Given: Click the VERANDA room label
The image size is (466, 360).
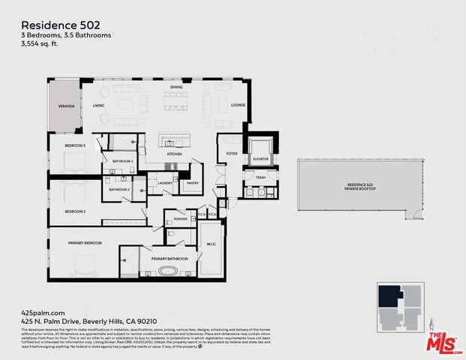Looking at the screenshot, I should pyautogui.click(x=66, y=107).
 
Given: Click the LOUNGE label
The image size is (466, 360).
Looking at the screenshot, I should pyautogui.click(x=239, y=106).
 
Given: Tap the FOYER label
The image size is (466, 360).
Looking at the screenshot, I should pyautogui.click(x=232, y=153).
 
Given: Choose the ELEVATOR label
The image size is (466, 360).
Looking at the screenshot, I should pyautogui.click(x=260, y=159).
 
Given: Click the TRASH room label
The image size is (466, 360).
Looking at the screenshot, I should pyautogui.click(x=260, y=177).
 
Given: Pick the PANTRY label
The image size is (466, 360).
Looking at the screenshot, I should pyautogui.click(x=192, y=182).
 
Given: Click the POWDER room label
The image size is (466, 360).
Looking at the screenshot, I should pyautogui.click(x=180, y=219).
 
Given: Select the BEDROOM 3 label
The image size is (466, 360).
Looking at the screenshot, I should pyautogui.click(x=74, y=145).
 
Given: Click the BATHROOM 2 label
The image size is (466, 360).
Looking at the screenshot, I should pyautogui.click(x=119, y=189).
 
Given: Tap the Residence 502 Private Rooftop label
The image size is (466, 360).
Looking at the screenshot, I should pyautogui.click(x=361, y=186).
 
